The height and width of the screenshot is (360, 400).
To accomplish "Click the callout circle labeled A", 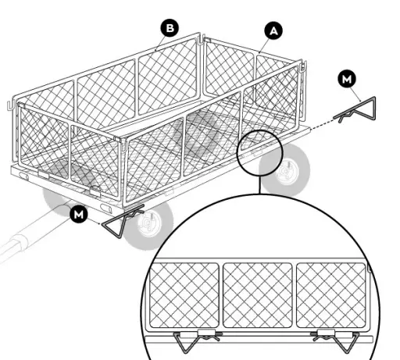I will point(273,30).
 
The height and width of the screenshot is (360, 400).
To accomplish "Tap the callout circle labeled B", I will point(170,28).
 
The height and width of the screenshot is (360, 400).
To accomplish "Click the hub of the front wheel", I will point(145,227).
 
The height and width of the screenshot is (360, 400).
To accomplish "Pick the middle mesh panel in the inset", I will point(255,293).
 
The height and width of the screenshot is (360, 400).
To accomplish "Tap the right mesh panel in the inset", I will point(328,293).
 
